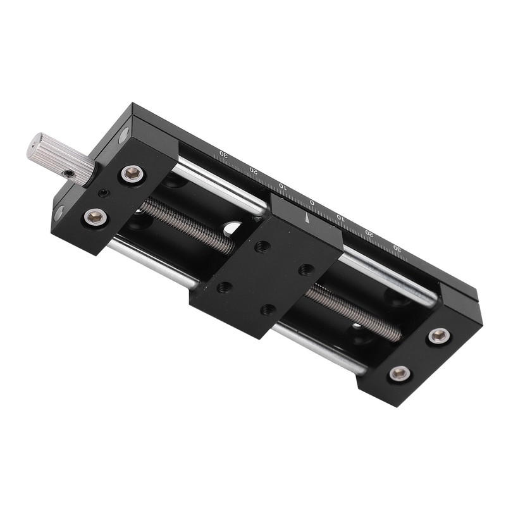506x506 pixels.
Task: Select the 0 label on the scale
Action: (311, 202)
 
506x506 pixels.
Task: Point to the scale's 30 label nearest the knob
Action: (223, 153)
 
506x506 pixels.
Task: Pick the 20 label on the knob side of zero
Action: (254, 170)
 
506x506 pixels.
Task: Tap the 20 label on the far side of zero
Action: (369, 233)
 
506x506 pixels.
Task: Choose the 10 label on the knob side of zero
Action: (282, 186)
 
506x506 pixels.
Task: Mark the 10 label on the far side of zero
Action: (340, 218)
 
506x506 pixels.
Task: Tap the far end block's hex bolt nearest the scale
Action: (439, 336)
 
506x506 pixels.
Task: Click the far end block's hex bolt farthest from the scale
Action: (400, 374)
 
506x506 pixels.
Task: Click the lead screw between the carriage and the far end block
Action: (354, 312)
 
